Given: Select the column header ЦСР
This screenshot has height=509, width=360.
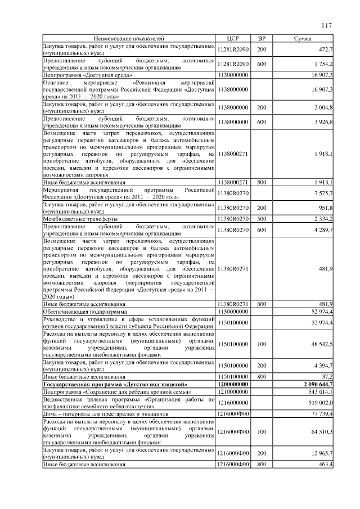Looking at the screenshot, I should point(232,38).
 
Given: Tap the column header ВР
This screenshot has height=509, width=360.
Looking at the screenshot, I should point(261,38).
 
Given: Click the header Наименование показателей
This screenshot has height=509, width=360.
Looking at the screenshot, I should point(129,38).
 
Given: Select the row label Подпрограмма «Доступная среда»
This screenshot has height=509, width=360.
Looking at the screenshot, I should point(88,74).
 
